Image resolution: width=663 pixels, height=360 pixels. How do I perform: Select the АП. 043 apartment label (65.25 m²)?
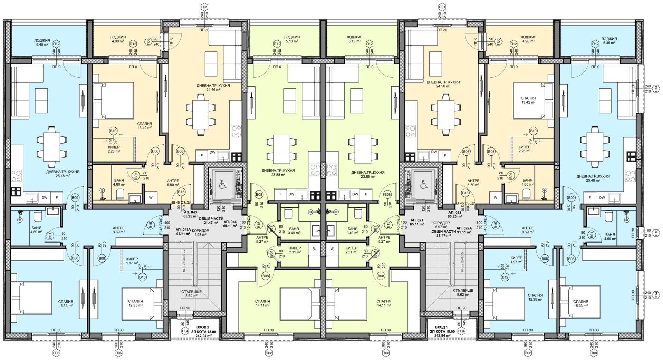(x=190, y=212)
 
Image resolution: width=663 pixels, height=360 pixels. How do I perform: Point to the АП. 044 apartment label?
(x=230, y=222)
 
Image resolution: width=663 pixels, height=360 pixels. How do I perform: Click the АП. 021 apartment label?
(x=416, y=220)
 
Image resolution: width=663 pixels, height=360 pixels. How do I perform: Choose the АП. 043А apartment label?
(x=183, y=230)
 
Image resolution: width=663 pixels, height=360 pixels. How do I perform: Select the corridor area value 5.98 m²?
(x=201, y=235)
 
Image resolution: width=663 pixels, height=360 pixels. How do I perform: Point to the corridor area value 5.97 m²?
(x=441, y=227)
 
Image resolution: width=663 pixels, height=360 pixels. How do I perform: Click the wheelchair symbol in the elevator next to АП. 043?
(x=222, y=185)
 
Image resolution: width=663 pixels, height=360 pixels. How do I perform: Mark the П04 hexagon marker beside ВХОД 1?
(x=461, y=331)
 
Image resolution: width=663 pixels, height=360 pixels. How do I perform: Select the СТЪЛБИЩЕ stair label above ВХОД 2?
(x=191, y=292)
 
